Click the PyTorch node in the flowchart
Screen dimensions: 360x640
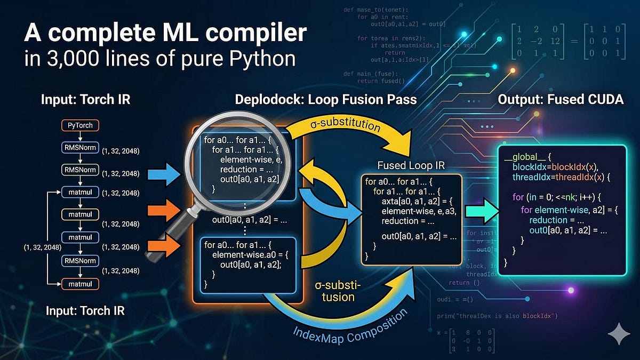pos(79,126)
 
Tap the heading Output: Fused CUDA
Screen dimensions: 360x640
pos(561,99)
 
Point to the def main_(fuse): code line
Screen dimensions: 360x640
pos(370,73)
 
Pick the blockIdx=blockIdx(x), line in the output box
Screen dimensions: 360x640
pos(550,167)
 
